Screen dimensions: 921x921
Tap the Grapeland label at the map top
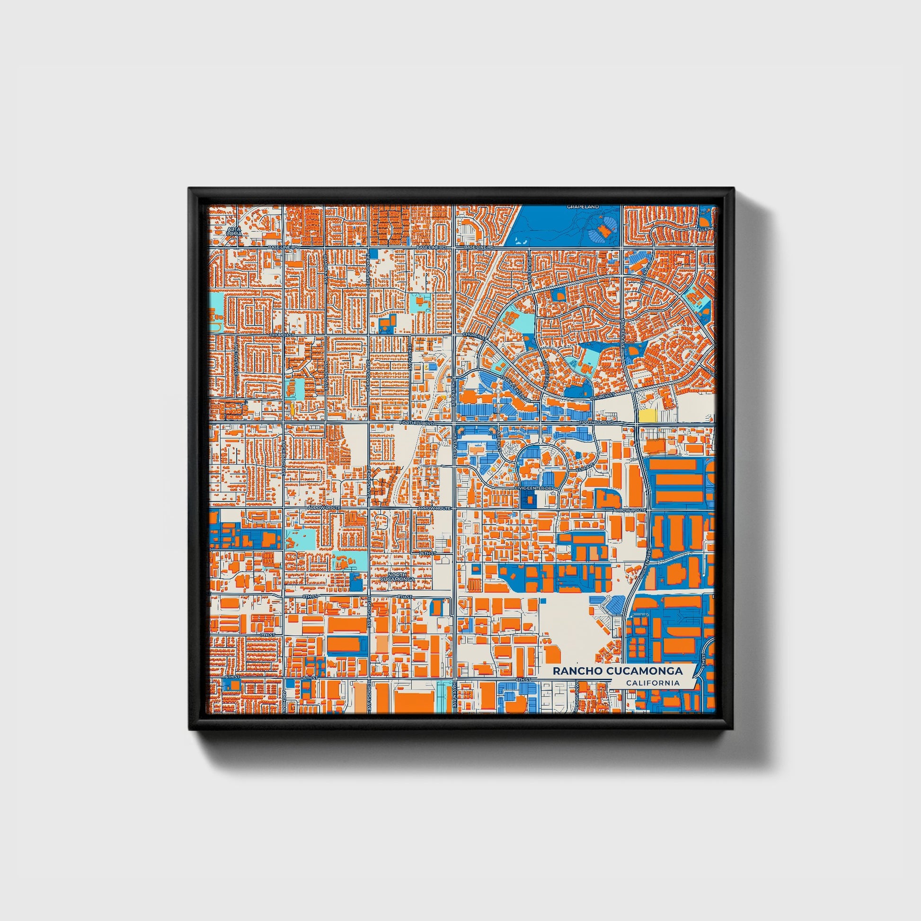576,207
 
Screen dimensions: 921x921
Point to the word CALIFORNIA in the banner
653,683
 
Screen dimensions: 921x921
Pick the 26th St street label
428,552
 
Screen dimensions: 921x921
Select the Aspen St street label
499,446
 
